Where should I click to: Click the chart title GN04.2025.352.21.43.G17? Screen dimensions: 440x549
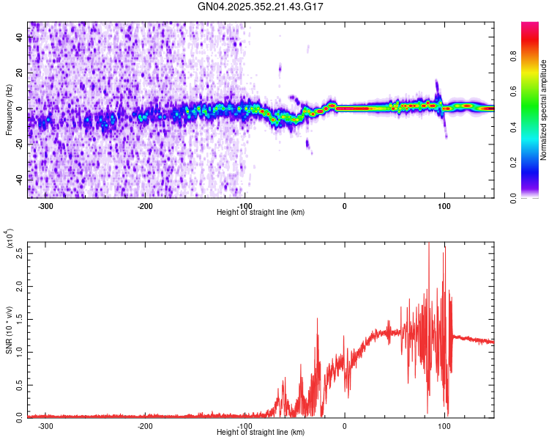tap(261, 7)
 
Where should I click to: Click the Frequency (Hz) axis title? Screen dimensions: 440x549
tap(9, 109)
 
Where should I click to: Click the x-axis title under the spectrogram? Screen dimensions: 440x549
tap(261, 212)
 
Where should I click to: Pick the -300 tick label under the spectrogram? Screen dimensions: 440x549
tap(45, 206)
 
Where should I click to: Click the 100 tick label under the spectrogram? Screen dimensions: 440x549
tap(444, 206)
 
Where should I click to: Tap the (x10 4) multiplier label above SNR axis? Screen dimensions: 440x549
tap(10, 239)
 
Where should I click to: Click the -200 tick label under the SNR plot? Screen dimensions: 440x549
tap(145, 425)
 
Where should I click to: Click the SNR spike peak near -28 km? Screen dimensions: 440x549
tap(317, 318)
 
